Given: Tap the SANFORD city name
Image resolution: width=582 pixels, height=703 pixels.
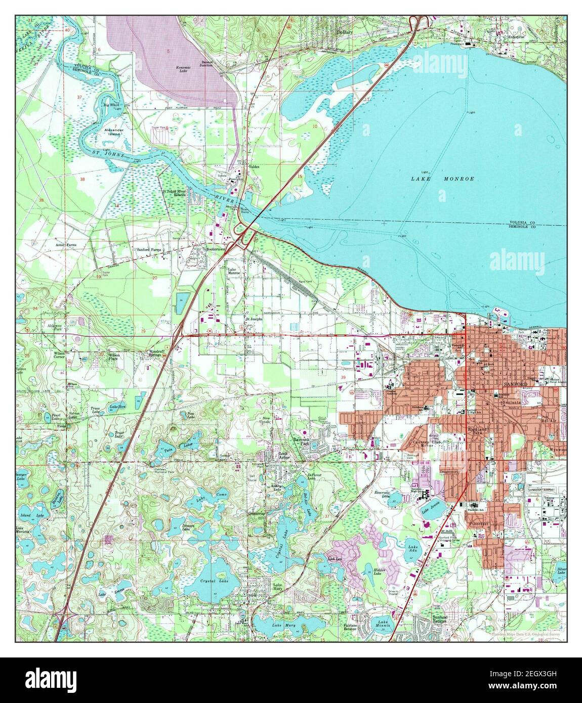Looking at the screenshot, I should pyautogui.click(x=516, y=385).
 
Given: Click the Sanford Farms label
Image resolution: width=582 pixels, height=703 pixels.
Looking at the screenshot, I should pyautogui.click(x=148, y=250).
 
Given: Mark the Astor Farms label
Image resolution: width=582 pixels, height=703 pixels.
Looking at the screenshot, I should pyautogui.click(x=66, y=245).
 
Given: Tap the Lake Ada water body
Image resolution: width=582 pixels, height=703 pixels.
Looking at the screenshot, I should pyautogui.click(x=413, y=548).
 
